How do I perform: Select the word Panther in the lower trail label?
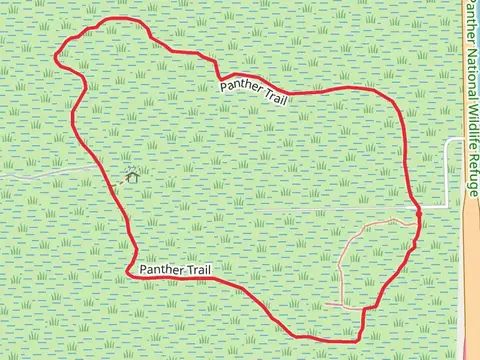point(162,270)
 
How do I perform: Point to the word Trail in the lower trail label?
point(200,270)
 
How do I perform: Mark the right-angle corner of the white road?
point(446,206)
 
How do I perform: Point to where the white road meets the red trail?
point(418,208)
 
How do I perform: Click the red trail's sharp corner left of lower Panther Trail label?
point(128,271)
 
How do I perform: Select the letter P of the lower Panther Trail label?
point(144,270)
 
